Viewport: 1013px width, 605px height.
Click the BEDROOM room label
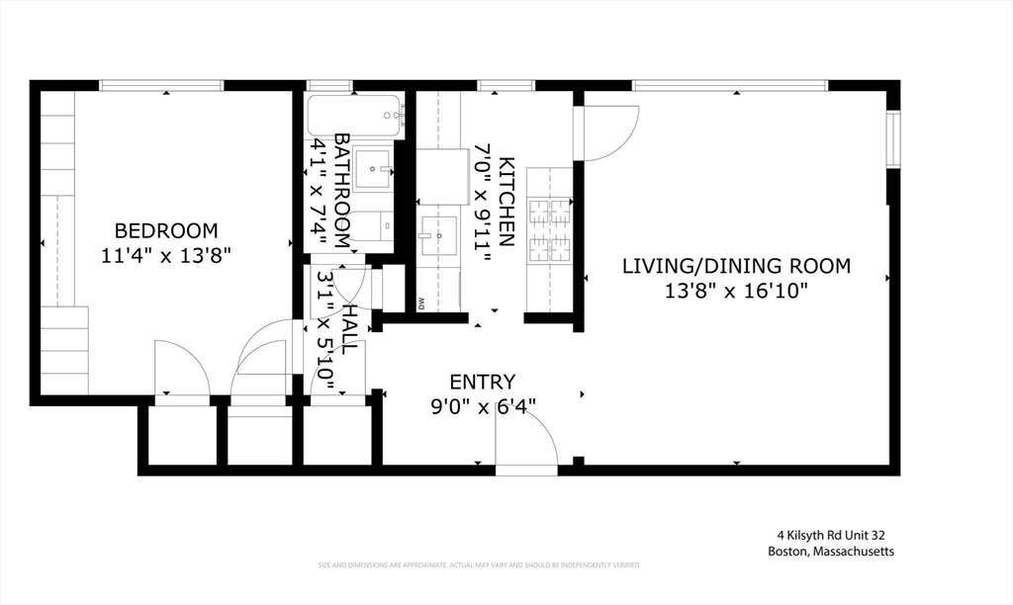[166, 230]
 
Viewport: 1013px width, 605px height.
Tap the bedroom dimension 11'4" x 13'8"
[166, 255]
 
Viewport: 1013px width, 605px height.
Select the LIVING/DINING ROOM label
[736, 265]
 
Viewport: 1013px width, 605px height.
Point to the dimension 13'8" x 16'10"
[736, 291]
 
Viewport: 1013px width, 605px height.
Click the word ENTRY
[482, 382]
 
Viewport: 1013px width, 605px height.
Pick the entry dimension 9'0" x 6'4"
[482, 406]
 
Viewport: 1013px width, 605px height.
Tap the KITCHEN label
[506, 202]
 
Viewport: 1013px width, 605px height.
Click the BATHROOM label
[342, 190]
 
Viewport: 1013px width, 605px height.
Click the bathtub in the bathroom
[354, 118]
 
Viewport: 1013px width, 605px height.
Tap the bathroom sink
[374, 167]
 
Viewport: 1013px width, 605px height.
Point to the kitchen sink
[437, 236]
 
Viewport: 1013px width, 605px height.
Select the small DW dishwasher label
[420, 302]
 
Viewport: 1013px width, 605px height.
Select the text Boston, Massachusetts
[830, 552]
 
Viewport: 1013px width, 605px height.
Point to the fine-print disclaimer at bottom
[479, 565]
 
